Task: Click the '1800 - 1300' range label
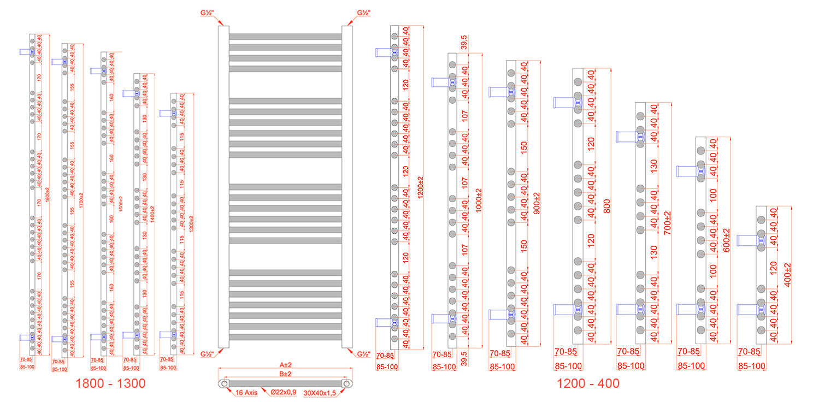110,383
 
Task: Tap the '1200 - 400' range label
588,383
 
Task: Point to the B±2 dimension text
285,375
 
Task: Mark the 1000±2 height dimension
479,200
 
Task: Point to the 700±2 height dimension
667,223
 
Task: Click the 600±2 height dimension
726,240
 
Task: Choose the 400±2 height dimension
787,275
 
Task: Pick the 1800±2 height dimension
47,197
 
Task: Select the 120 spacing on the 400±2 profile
773,267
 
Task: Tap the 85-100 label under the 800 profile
568,366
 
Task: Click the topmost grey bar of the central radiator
285,37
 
